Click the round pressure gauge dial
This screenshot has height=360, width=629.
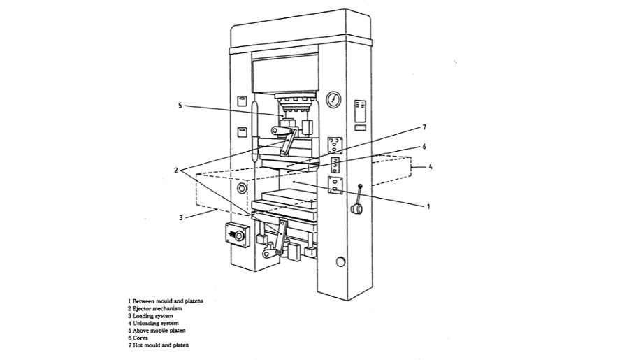point(335,99)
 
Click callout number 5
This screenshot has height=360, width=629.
point(180,106)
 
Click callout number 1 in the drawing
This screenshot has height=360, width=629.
point(428,206)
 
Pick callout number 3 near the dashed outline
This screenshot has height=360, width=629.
point(180,217)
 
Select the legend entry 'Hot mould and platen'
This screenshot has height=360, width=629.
point(158,345)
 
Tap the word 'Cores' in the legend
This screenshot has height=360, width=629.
point(140,338)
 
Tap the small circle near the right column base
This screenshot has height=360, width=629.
point(340,261)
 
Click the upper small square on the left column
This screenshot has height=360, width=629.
point(241,100)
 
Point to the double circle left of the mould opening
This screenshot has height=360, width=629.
point(242,188)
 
